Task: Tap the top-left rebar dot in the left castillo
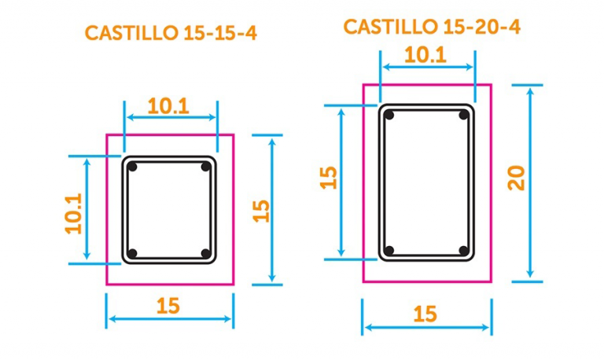tap(134, 167)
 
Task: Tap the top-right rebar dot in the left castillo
tap(205, 167)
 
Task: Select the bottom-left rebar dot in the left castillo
tap(133, 253)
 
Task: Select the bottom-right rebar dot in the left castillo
tap(205, 253)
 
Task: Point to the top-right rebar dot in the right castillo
tap(464, 116)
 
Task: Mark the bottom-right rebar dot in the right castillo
tap(464, 252)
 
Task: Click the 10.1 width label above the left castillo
tap(168, 105)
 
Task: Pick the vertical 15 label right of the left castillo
tap(261, 210)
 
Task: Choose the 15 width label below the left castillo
tap(168, 306)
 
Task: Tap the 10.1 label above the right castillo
tap(425, 54)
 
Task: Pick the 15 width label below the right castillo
tap(425, 314)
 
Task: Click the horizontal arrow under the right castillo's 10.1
tap(427, 68)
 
